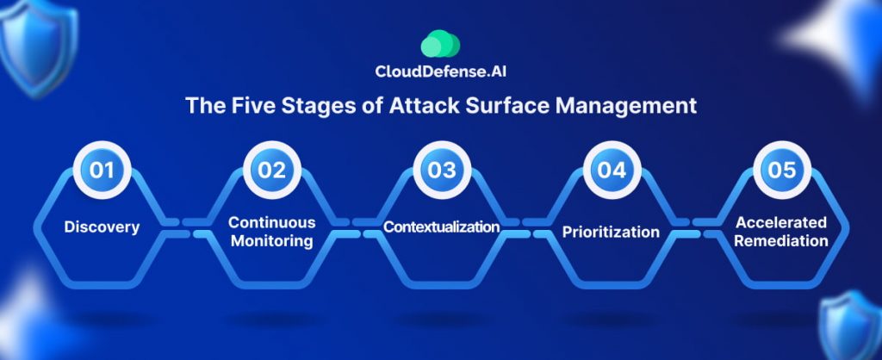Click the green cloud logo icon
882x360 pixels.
(440, 43)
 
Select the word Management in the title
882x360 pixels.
(626, 106)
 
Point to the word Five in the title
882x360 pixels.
(249, 105)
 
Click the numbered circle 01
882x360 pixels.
(102, 170)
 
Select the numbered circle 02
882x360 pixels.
(271, 170)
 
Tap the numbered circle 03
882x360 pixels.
(442, 170)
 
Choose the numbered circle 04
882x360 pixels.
(612, 170)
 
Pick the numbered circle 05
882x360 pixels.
(782, 170)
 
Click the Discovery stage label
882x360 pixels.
(102, 228)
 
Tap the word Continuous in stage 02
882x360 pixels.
(271, 222)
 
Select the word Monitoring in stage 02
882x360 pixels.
(271, 241)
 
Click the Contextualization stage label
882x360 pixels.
(442, 227)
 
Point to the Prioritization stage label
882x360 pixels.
(612, 232)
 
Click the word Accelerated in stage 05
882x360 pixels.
(782, 222)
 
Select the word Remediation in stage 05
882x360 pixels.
(782, 241)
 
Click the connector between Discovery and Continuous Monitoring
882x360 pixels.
(187, 228)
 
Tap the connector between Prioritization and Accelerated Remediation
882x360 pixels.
(696, 228)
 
